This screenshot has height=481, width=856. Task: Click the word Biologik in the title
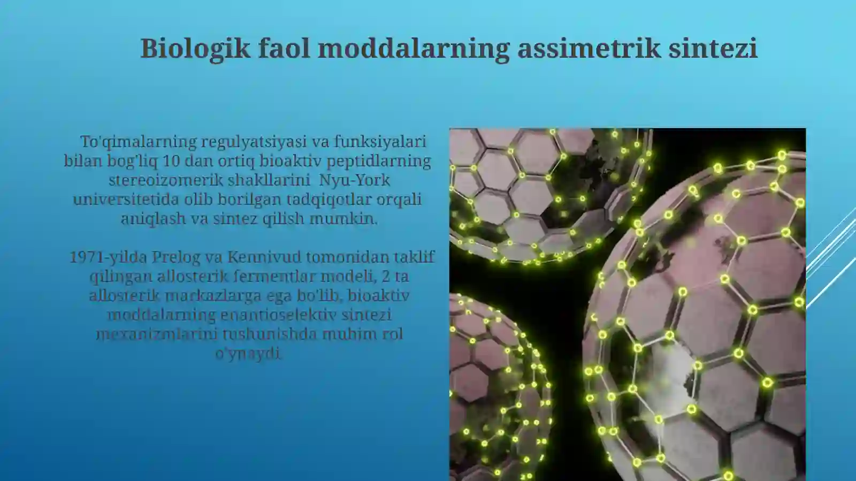195,48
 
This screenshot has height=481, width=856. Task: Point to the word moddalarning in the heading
414,48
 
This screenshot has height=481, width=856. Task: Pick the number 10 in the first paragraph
171,161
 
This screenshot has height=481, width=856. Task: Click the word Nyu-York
355,180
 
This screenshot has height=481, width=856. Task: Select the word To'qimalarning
139,142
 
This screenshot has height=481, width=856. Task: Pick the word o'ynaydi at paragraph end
247,353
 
